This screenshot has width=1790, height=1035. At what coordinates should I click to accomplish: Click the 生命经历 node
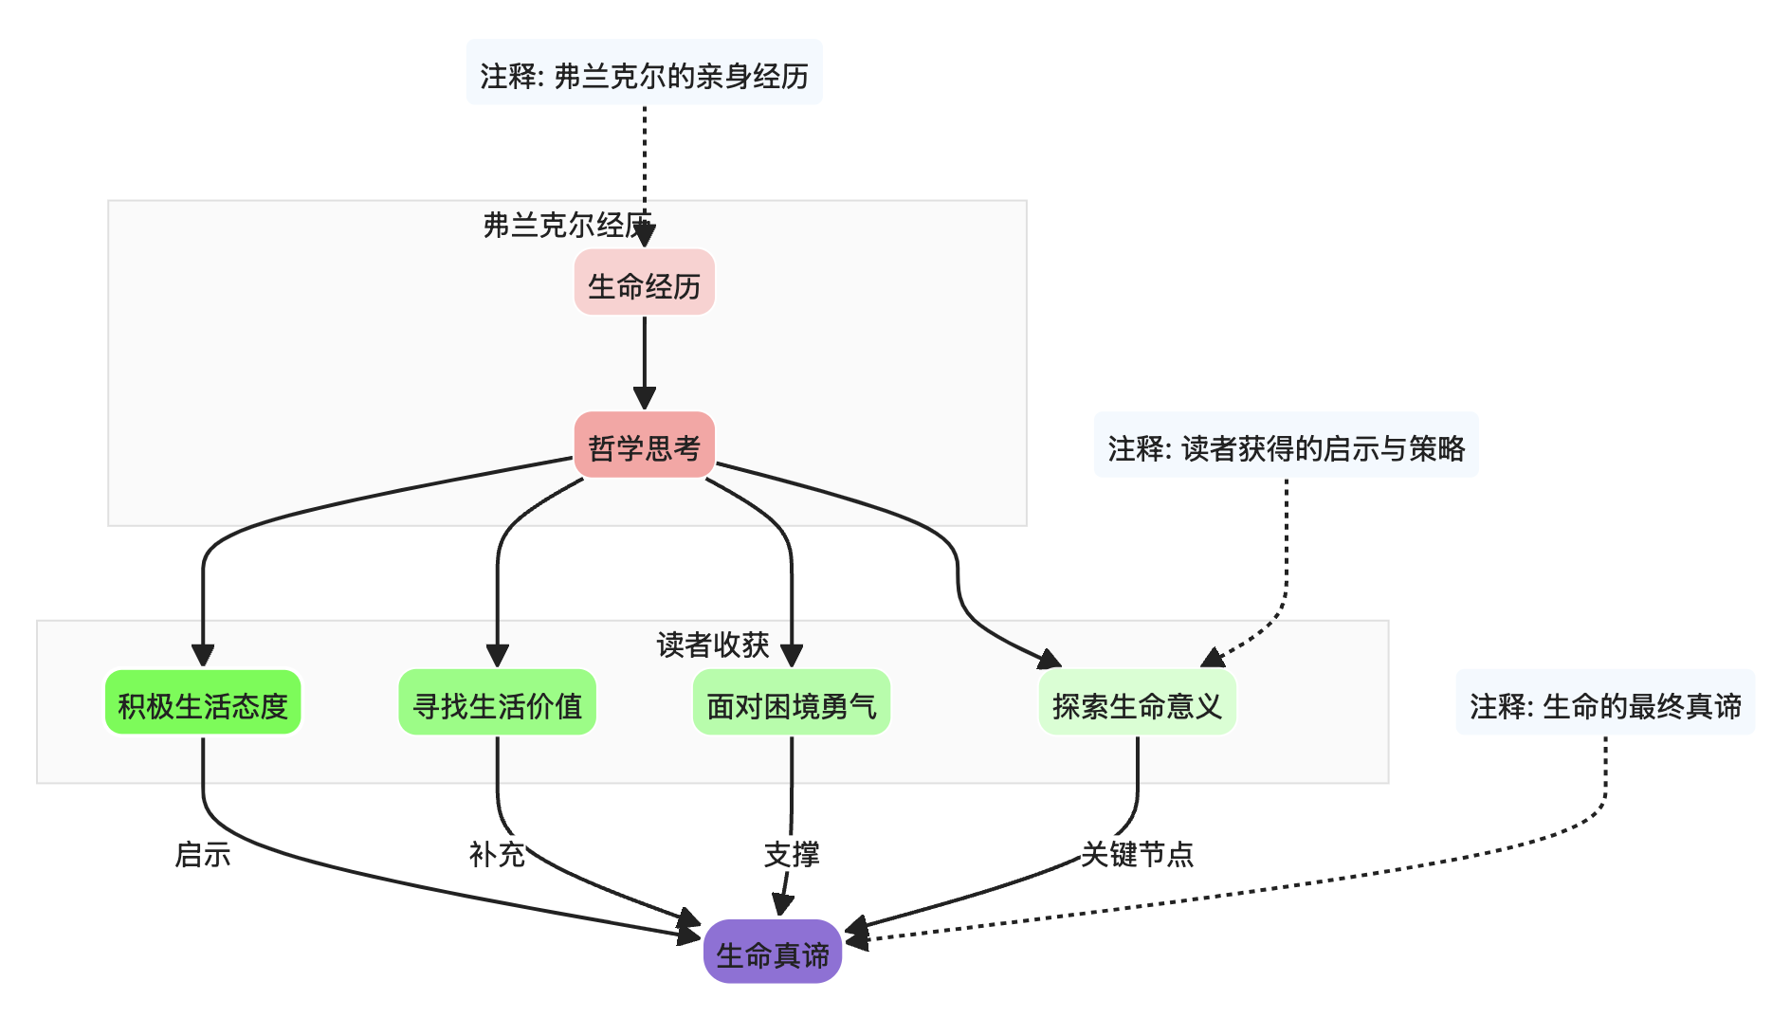point(644,283)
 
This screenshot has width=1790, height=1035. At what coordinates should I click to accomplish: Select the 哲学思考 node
point(644,445)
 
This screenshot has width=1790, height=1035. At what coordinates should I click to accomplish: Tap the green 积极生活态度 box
point(203,703)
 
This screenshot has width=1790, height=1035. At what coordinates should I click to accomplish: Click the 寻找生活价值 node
point(497,703)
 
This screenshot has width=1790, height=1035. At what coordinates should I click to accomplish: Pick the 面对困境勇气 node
point(791,703)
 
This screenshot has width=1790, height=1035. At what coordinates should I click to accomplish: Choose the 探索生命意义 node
point(1137,703)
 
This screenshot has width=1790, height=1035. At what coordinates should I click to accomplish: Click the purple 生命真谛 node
point(772,953)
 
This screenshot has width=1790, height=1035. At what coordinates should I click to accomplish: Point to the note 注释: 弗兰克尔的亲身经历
point(644,74)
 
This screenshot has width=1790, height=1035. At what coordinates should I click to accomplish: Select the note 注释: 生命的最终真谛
point(1605,703)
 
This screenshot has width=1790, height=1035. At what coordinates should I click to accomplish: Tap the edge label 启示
point(203,854)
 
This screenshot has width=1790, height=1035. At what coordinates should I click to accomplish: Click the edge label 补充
point(497,854)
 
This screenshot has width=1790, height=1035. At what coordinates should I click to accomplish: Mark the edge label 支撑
point(791,854)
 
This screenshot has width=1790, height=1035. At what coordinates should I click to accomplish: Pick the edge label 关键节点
point(1137,854)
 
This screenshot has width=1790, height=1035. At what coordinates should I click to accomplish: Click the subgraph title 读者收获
point(712,645)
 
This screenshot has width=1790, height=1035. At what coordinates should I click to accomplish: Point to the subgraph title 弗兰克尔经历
point(566,225)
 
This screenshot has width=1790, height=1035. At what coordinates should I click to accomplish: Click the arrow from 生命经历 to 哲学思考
point(644,360)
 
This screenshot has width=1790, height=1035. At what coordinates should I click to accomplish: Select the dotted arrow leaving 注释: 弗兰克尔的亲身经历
point(644,161)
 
